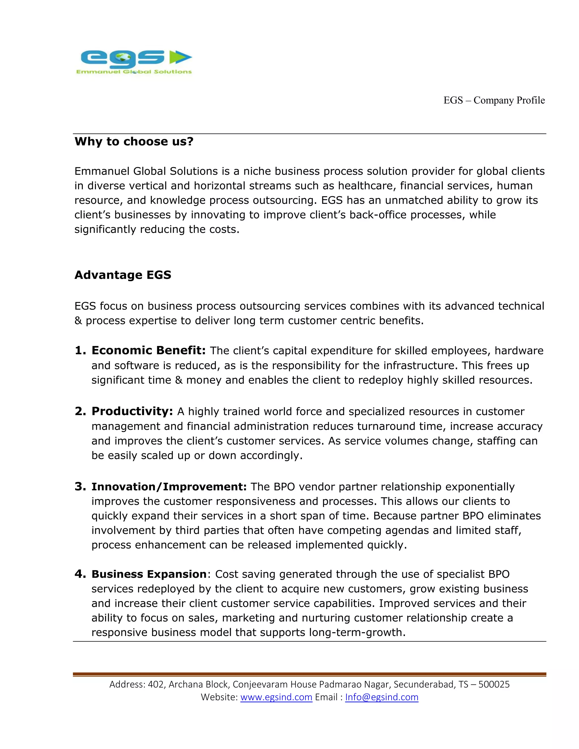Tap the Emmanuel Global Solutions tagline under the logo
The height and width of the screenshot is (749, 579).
(134, 72)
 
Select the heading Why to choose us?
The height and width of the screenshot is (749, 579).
(134, 141)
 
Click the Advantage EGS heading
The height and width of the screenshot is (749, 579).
(123, 275)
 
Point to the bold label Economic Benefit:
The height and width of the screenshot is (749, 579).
(148, 350)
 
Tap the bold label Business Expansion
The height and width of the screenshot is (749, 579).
(149, 574)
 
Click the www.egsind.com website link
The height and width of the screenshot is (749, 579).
(276, 697)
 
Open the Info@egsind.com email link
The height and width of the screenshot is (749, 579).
(381, 697)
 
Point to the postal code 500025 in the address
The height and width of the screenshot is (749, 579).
(494, 684)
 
